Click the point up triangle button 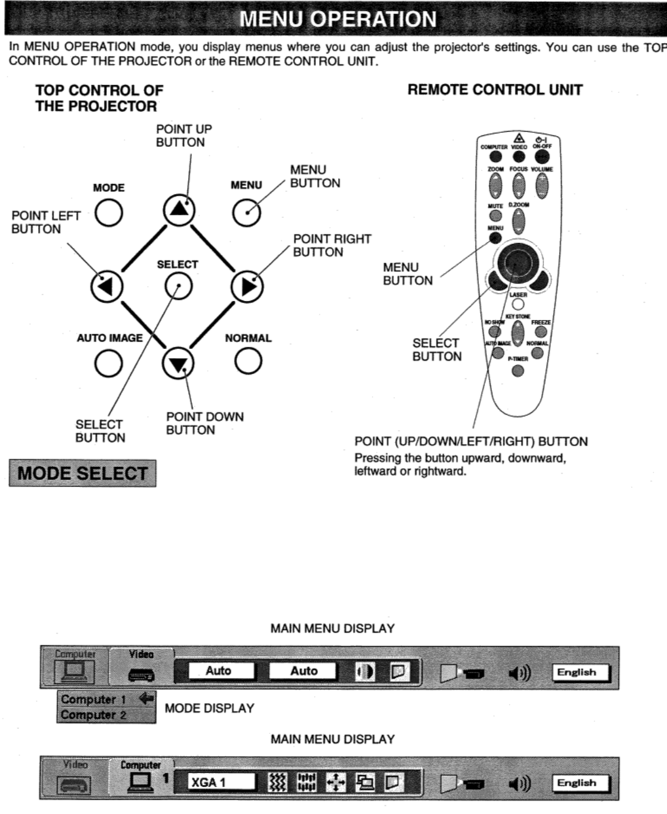179,210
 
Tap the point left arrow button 106,286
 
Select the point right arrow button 247,287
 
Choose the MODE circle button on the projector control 108,213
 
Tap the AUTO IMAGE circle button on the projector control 108,362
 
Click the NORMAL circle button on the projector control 248,362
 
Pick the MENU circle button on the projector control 246,213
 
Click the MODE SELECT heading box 82,473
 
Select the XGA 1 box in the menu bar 222,782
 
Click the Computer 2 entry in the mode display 93,716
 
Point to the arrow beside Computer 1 146,699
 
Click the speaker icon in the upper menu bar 519,672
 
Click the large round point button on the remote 515,263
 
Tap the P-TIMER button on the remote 518,370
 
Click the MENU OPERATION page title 337,19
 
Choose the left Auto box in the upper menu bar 219,671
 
